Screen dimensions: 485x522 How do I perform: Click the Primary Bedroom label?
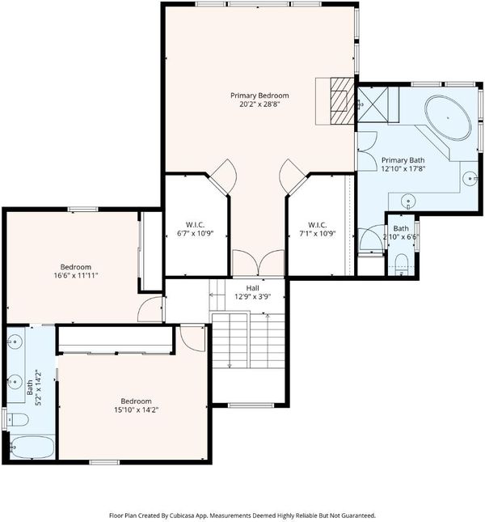point(259,95)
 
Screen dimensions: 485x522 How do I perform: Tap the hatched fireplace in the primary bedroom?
point(342,101)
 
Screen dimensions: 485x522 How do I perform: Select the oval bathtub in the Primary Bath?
point(448,118)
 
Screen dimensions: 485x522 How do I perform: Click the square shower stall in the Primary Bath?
point(373,104)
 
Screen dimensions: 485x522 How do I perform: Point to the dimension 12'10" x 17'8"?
point(403,169)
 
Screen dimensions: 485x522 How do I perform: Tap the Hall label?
point(253,288)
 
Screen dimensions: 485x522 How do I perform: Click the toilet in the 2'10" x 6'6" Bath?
point(402,265)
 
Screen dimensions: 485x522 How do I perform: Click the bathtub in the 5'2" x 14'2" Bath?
point(32,447)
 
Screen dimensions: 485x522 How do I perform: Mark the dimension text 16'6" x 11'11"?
point(76,275)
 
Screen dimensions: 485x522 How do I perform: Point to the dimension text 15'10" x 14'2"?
point(136,410)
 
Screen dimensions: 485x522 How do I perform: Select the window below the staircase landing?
point(251,405)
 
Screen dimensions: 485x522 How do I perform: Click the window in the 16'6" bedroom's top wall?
point(82,210)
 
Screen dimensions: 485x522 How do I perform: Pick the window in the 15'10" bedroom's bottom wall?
point(104,462)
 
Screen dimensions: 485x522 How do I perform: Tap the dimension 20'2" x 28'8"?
point(259,104)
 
